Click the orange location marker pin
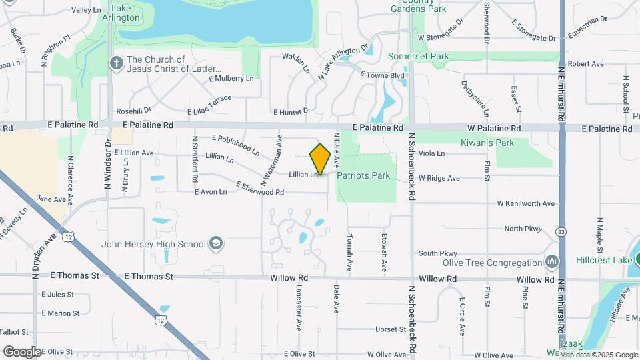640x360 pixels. point(320,159)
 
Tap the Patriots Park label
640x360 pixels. point(363,176)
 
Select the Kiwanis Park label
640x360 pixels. point(487,143)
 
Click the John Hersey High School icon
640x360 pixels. point(215,243)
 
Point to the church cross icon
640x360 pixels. point(116,64)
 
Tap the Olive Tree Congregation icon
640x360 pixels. point(551,262)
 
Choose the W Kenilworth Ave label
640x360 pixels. point(525,203)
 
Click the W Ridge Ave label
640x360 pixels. point(439,178)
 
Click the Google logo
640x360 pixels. point(22,351)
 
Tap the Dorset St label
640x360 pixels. point(390,329)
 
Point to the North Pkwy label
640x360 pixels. point(523,229)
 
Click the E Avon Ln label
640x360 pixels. point(211,192)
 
